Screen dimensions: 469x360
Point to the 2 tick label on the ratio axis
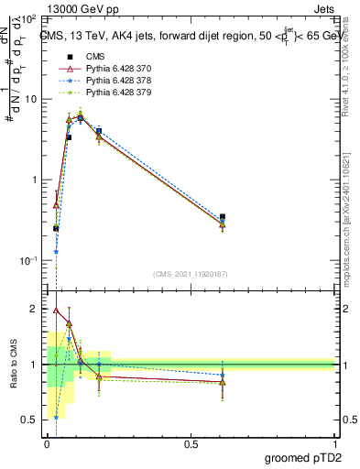(x=34, y=309)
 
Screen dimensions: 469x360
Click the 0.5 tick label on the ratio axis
(x=30, y=420)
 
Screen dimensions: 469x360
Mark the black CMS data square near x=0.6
(x=223, y=217)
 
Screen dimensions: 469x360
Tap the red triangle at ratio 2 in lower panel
(x=56, y=311)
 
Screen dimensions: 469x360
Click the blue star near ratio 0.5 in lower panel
(x=56, y=417)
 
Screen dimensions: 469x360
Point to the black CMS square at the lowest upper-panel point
(x=56, y=228)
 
